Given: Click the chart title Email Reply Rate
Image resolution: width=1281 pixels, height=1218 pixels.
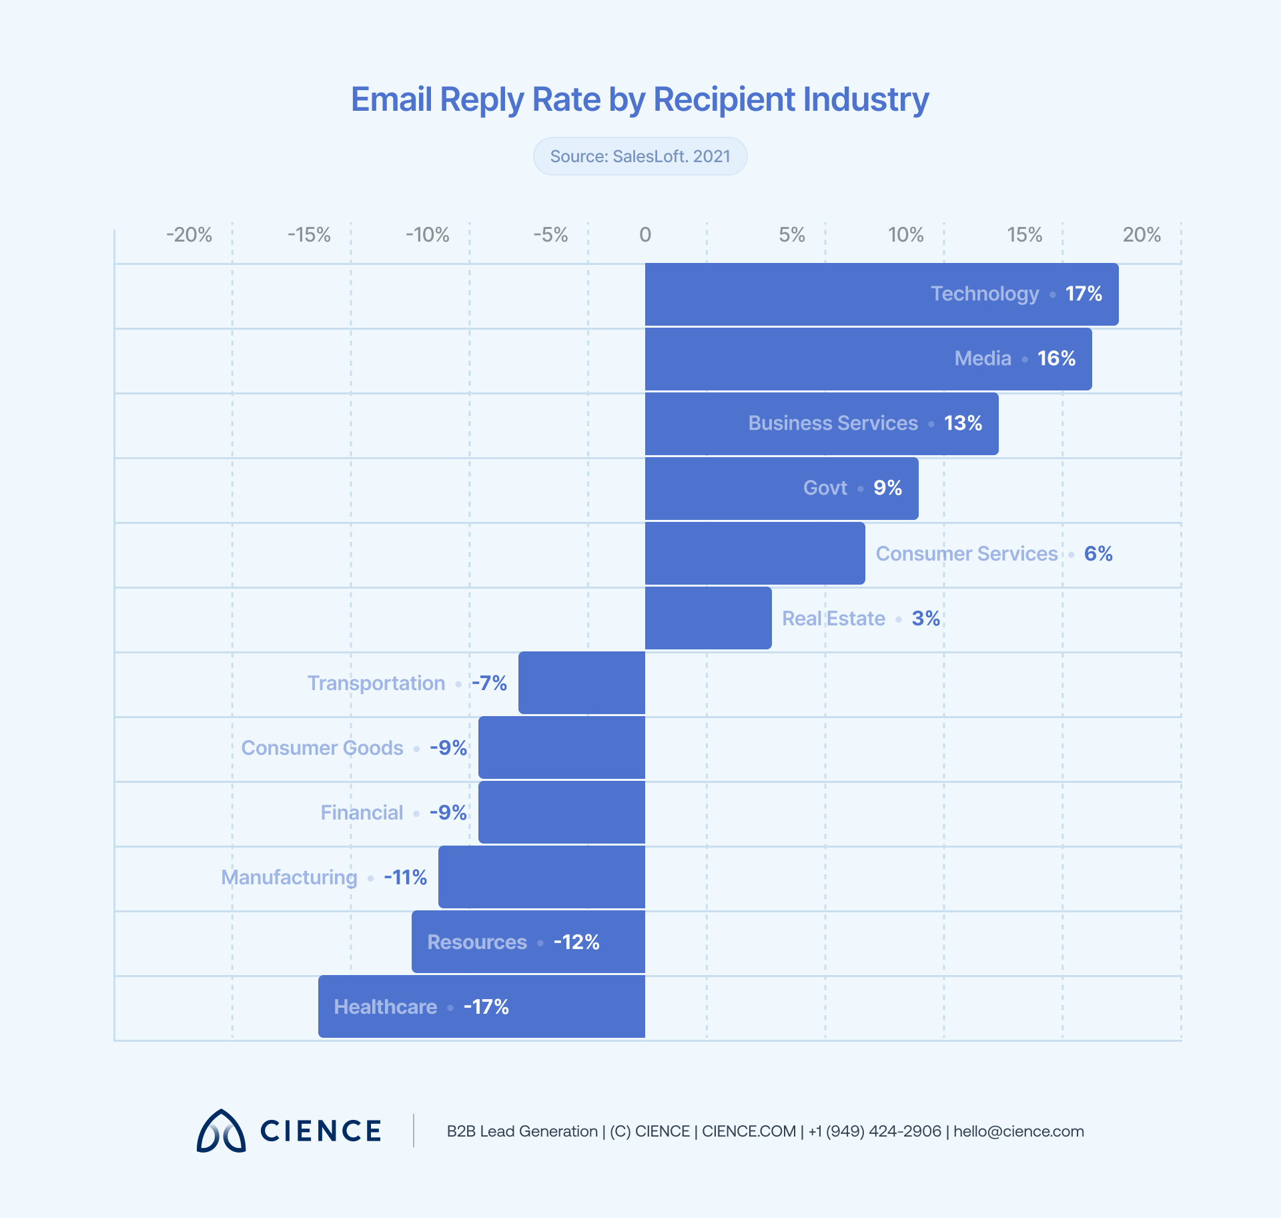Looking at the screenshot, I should pyautogui.click(x=639, y=100).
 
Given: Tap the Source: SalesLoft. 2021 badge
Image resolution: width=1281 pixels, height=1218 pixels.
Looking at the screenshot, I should pyautogui.click(x=640, y=156).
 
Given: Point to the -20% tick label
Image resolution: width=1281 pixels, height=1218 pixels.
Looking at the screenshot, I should pyautogui.click(x=189, y=235).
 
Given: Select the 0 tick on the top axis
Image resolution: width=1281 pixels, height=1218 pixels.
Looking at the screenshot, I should pyautogui.click(x=645, y=235).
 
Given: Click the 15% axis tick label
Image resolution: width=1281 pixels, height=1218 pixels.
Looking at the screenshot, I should pyautogui.click(x=1024, y=235).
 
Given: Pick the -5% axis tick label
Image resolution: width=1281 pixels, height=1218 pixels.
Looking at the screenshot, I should pyautogui.click(x=550, y=235).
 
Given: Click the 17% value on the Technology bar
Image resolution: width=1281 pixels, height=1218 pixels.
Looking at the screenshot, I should pyautogui.click(x=1084, y=294).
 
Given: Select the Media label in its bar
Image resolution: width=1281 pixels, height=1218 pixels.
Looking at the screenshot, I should pyautogui.click(x=983, y=358).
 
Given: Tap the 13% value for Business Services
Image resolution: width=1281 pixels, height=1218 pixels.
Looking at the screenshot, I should pyautogui.click(x=963, y=423).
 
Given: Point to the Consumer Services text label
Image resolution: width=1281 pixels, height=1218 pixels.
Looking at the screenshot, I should pyautogui.click(x=966, y=553).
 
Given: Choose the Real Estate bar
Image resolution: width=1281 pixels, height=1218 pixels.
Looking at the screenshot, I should pyautogui.click(x=707, y=618).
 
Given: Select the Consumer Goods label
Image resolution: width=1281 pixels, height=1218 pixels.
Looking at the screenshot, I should pyautogui.click(x=322, y=747).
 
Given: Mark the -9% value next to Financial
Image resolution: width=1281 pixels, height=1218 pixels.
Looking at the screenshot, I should pyautogui.click(x=448, y=812).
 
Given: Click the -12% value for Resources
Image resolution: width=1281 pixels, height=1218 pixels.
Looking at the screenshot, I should pyautogui.click(x=576, y=942).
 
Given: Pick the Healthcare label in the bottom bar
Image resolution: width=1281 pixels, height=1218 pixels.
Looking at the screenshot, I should pyautogui.click(x=386, y=1006).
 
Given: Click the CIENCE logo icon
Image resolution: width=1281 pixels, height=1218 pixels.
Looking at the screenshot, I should pyautogui.click(x=221, y=1131).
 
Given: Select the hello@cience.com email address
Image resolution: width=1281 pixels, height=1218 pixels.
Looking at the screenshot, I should pyautogui.click(x=1018, y=1131).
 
